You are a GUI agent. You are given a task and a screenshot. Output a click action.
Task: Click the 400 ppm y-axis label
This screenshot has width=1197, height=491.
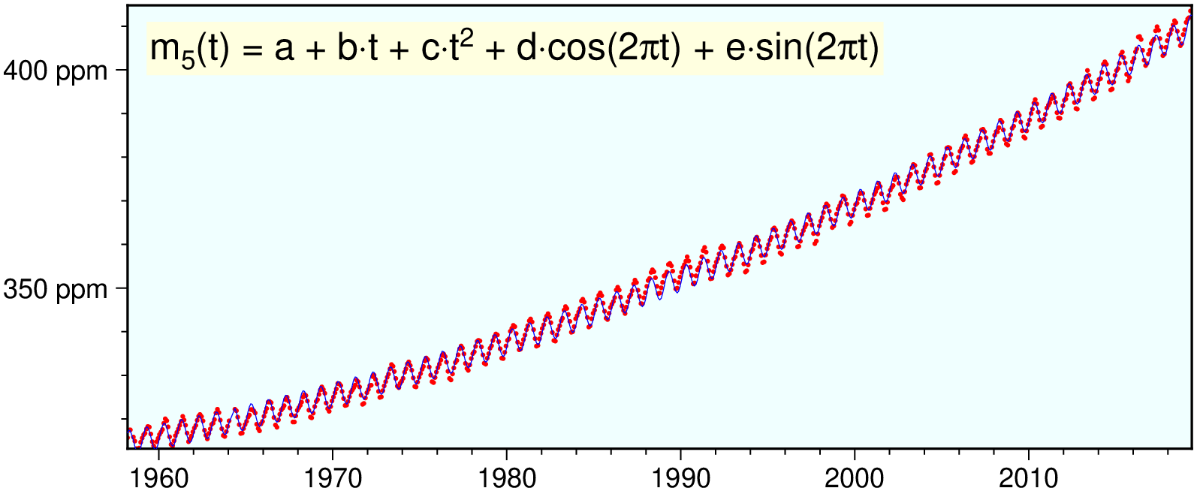click(x=56, y=71)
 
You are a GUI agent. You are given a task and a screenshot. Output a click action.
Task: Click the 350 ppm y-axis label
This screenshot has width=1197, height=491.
click(x=56, y=290)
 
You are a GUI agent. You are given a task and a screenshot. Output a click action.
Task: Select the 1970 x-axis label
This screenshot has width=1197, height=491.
click(x=332, y=478)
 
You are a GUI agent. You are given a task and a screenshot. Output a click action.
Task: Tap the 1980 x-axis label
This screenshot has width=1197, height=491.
click(x=506, y=478)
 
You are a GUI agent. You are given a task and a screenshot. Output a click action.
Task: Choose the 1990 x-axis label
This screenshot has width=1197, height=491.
click(x=680, y=478)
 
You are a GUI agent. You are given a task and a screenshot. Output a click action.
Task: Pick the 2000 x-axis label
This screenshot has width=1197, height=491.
click(x=855, y=478)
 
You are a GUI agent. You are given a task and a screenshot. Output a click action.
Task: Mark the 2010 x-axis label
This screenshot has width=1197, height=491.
click(x=1028, y=478)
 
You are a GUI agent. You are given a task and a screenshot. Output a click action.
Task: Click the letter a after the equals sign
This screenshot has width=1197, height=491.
click(x=283, y=50)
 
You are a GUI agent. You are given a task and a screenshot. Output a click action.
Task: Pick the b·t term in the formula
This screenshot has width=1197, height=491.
click(x=358, y=50)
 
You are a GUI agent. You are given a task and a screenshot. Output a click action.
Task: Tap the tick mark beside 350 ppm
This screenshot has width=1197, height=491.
click(x=121, y=288)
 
